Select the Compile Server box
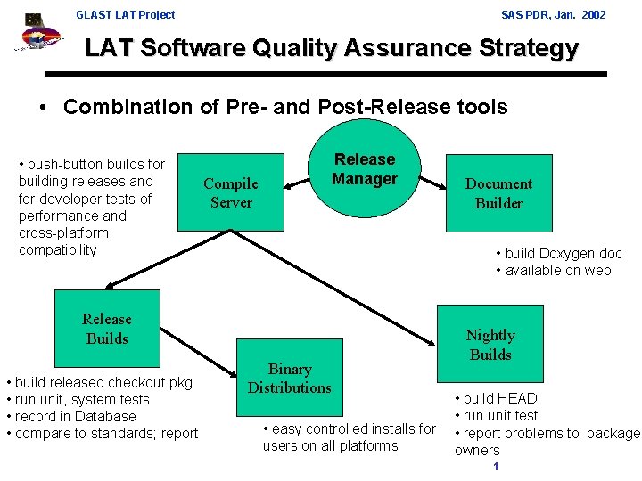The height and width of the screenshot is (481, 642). point(231,193)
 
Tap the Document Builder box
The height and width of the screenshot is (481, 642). point(498,193)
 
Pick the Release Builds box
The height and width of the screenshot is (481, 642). point(106,329)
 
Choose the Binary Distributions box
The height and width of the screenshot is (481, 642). point(290,379)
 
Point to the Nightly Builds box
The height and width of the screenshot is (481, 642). point(490,345)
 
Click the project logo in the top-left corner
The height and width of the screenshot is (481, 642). point(36,36)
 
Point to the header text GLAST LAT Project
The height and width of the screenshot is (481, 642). point(126,14)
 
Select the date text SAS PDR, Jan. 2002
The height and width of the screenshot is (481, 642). point(554,14)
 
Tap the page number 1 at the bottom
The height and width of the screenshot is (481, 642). point(495,468)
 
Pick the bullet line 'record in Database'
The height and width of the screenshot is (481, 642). point(74,417)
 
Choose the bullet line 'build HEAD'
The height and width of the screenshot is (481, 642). point(499,399)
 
